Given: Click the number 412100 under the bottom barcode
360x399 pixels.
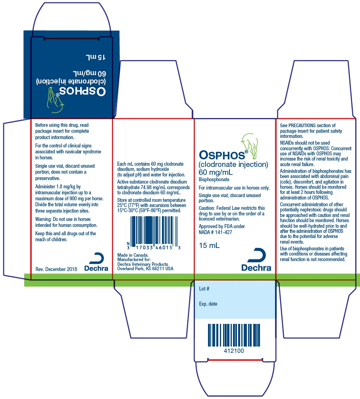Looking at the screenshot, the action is click(234, 351).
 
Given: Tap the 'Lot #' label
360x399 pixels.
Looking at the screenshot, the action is click(204, 289).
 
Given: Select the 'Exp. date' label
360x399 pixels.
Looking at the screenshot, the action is click(208, 304).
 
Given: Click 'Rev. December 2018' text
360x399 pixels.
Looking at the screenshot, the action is click(56, 269).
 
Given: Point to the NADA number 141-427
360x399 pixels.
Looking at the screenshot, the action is click(223, 232).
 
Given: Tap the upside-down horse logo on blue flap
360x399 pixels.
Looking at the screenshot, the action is click(55, 100).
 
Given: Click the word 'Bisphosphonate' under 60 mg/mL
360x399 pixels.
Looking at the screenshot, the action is click(214, 179).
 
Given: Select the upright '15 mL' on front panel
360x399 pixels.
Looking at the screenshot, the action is click(209, 246).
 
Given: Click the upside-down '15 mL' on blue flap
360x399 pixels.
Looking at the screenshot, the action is click(96, 57).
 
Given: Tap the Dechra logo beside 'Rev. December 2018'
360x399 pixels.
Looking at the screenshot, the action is click(96, 262).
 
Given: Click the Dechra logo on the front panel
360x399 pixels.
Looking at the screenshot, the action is click(256, 259).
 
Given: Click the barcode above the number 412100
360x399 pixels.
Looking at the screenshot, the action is click(234, 335).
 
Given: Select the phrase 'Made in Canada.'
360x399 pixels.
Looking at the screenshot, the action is click(133, 255).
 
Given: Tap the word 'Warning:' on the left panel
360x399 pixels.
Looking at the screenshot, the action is click(43, 219).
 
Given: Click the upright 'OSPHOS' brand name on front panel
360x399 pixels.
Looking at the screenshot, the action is click(222, 155).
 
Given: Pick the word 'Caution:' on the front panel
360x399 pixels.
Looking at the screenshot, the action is click(207, 208).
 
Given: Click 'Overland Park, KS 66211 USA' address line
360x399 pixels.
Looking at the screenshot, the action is click(145, 269).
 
